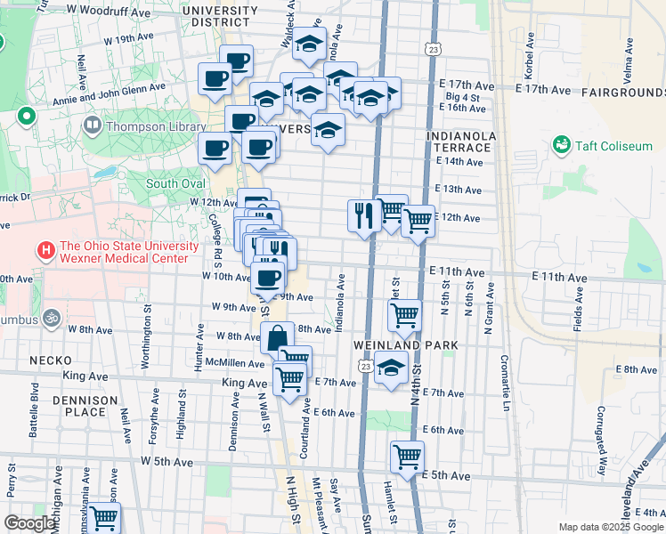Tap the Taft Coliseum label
click(x=613, y=145)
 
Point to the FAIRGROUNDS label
click(x=623, y=92)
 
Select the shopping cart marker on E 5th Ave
click(x=407, y=457)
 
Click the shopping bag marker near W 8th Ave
click(x=277, y=338)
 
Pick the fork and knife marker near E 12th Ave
click(x=364, y=215)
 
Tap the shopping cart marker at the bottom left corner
click(x=103, y=518)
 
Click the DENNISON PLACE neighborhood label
click(x=85, y=407)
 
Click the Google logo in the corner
click(x=29, y=523)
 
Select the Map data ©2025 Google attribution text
click(x=611, y=527)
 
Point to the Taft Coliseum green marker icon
click(x=562, y=144)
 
